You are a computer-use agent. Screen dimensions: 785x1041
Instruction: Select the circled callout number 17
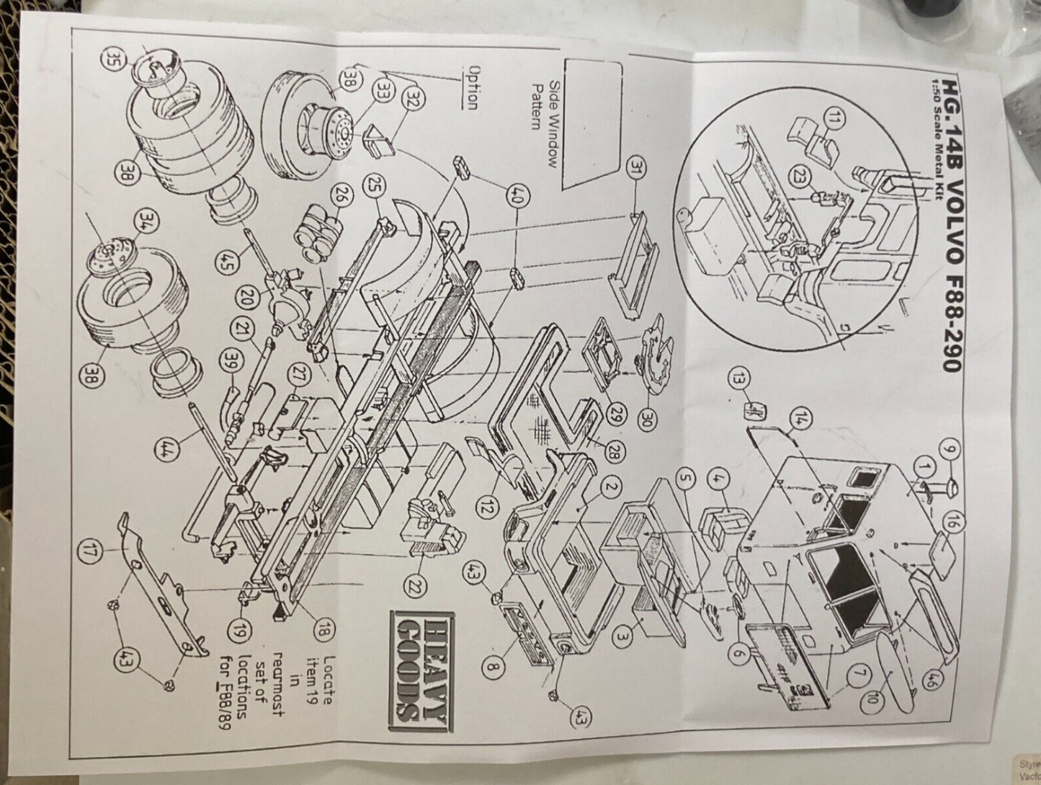(90, 553)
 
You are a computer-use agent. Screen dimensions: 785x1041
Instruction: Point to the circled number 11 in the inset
(834, 120)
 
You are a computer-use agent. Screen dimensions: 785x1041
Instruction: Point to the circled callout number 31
(635, 169)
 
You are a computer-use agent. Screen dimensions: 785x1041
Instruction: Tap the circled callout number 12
(487, 507)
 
